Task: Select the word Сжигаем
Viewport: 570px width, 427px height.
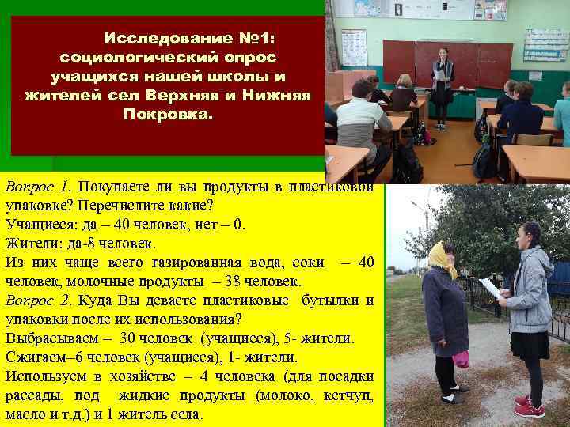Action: coord(36,357)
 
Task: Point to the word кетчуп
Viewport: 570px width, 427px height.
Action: coord(344,395)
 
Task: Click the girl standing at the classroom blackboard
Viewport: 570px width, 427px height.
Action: coord(442,87)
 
